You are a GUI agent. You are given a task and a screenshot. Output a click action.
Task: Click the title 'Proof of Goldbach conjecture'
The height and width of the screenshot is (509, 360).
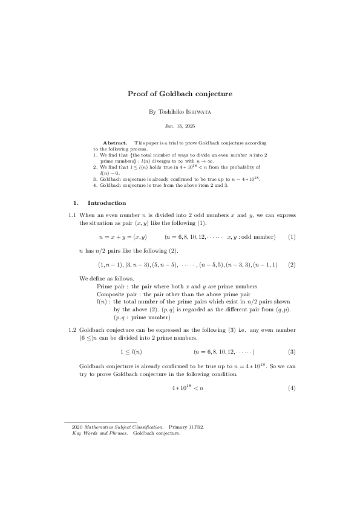[x=180, y=94]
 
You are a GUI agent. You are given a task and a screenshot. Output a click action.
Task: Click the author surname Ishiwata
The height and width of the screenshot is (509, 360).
[x=198, y=112]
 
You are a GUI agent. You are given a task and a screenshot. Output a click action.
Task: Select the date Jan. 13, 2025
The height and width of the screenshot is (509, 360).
[x=180, y=126]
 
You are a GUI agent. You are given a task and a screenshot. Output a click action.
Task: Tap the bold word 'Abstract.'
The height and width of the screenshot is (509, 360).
[x=115, y=143]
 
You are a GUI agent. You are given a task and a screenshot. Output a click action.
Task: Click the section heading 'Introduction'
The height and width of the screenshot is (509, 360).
[x=106, y=203]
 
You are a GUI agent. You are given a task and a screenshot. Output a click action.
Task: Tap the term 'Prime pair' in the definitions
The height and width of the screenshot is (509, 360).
[x=111, y=286]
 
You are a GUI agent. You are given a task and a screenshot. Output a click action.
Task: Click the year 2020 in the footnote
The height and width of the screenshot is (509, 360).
[x=77, y=427]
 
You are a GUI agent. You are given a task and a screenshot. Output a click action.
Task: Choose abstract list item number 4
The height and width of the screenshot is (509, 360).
[x=96, y=185]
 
